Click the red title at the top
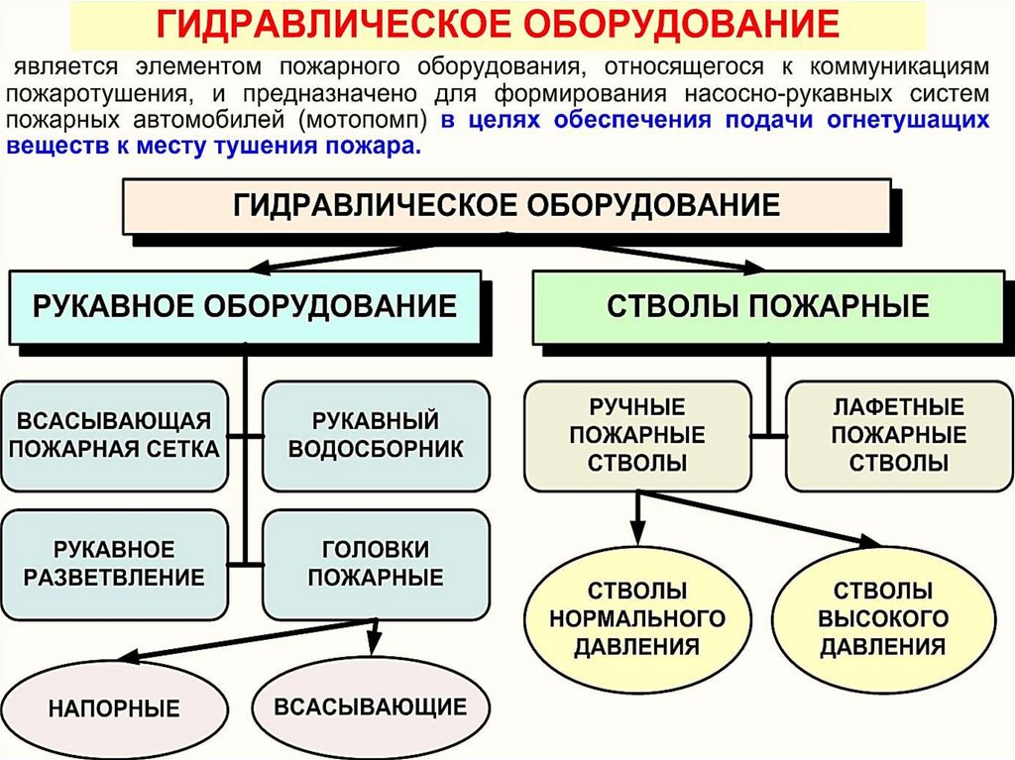pos(498,24)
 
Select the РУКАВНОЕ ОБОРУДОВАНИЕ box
pos(244,306)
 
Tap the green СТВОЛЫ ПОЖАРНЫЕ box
pos(768,306)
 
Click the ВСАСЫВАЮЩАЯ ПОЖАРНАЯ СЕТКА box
pos(115,436)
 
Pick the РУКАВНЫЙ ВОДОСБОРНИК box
pos(376,436)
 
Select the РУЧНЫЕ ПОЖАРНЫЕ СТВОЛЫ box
pos(637,436)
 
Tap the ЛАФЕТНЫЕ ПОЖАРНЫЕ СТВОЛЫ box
pos(899,436)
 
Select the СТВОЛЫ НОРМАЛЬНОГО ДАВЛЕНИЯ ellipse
pos(637,619)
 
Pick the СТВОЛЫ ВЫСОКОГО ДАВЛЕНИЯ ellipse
pos(883,619)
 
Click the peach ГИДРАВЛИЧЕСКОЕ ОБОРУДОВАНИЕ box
pos(507,206)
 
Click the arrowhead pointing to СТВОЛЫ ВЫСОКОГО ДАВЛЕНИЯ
pos(869,541)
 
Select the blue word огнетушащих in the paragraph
pos(908,121)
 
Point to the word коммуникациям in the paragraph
pos(900,66)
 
